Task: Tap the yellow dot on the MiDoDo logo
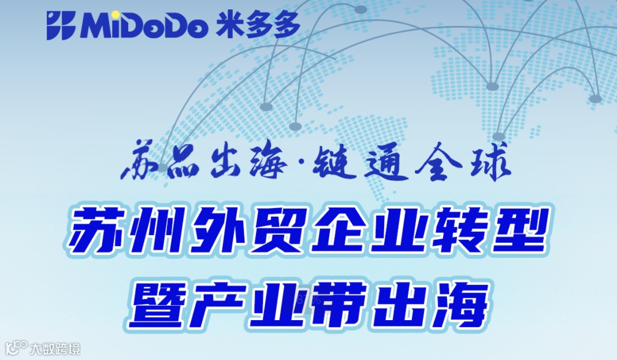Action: tap(116, 14)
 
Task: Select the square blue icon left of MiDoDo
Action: tap(61, 26)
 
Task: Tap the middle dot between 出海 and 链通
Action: tap(300, 167)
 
